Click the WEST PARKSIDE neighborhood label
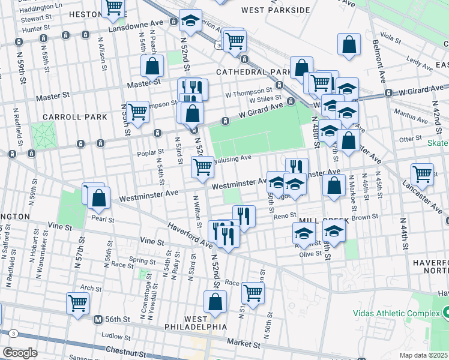tap(276, 10)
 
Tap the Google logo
tap(19, 353)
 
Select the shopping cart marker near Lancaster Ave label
tap(423, 173)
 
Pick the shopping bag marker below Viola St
tap(349, 44)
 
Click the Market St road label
tap(244, 345)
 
